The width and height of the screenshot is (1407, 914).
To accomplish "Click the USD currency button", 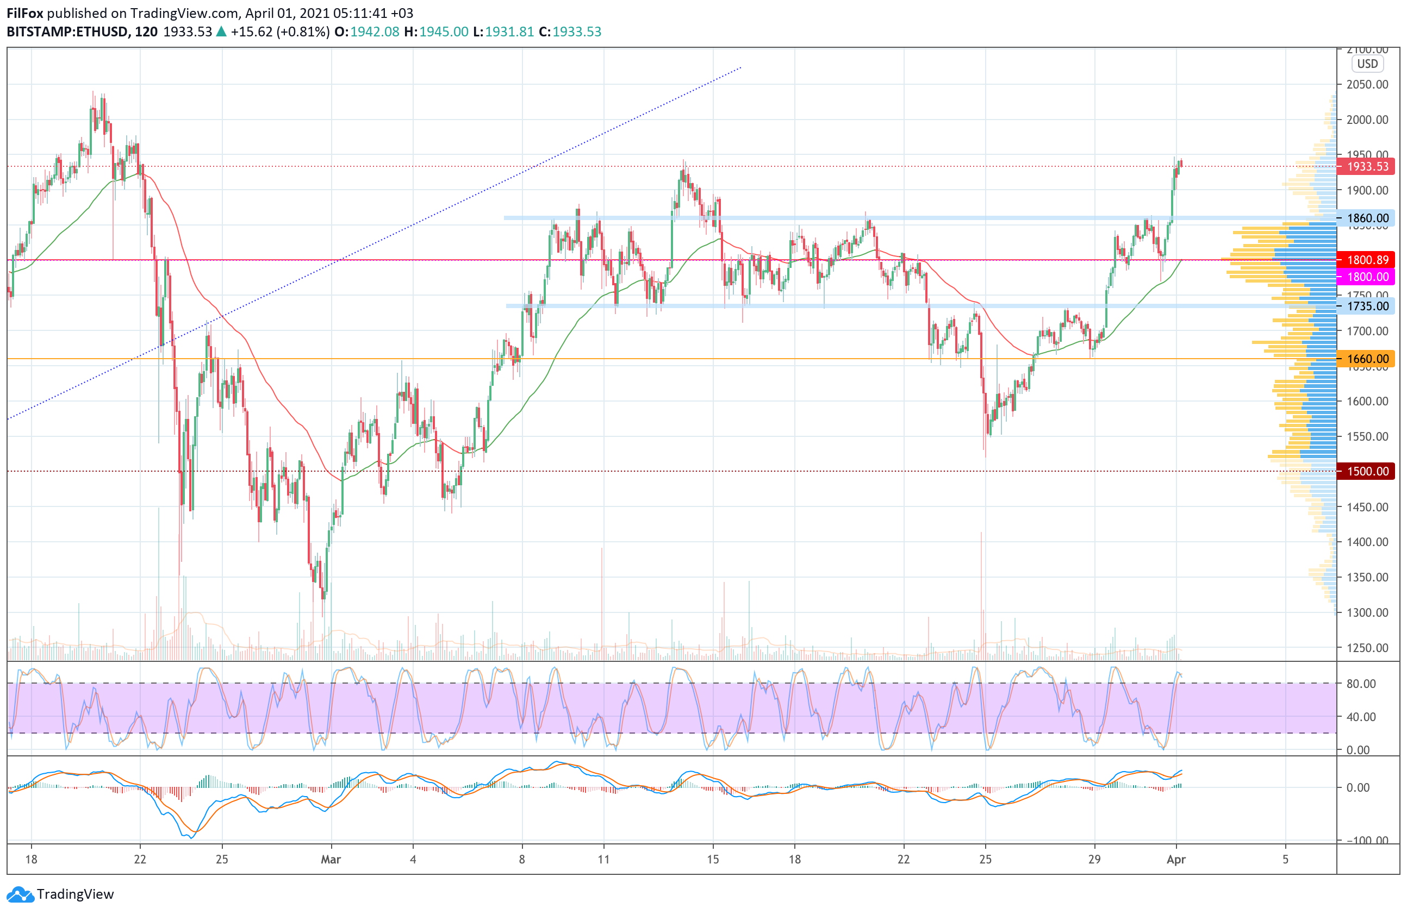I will tap(1367, 64).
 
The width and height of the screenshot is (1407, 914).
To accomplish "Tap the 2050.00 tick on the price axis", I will tap(1367, 84).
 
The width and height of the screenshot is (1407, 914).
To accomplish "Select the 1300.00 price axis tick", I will tap(1367, 612).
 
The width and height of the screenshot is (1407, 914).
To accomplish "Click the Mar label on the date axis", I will tap(331, 860).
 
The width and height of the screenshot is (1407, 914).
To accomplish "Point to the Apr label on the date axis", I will tap(1176, 860).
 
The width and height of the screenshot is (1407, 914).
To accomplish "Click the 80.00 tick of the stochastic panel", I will tap(1361, 684).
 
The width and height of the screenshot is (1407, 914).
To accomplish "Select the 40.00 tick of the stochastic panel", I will tap(1361, 717).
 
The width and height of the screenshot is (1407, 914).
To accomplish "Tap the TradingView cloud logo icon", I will tap(21, 894).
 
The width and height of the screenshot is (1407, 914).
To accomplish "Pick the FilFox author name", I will tap(25, 13).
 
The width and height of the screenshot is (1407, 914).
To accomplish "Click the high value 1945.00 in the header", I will tap(444, 32).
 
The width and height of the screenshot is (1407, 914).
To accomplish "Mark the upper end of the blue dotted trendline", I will tap(741, 67).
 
